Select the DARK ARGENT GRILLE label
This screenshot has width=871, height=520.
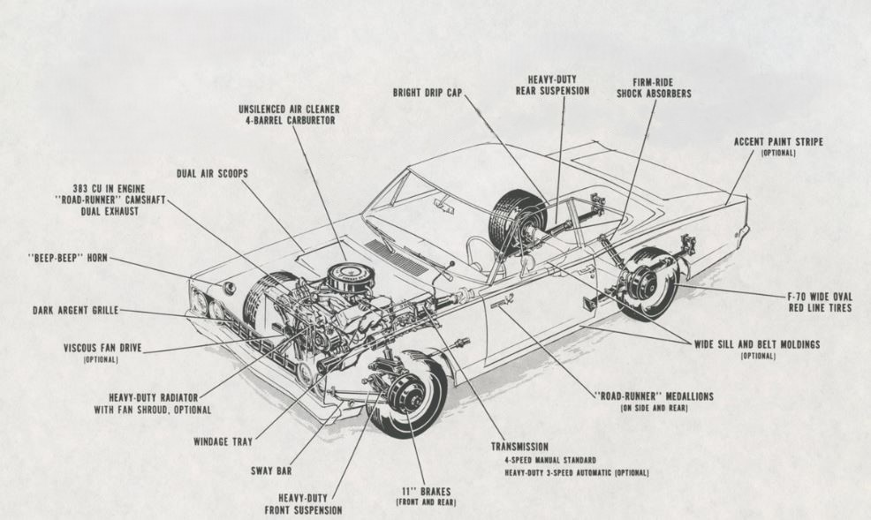(75, 310)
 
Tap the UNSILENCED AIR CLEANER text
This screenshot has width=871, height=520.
(289, 109)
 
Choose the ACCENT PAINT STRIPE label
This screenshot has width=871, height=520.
(777, 140)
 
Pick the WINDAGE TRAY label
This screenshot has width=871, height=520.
(223, 441)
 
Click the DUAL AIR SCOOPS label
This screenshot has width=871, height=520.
(212, 174)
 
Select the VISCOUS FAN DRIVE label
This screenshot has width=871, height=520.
(100, 348)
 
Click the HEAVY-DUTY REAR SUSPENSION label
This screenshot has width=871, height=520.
(553, 85)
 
